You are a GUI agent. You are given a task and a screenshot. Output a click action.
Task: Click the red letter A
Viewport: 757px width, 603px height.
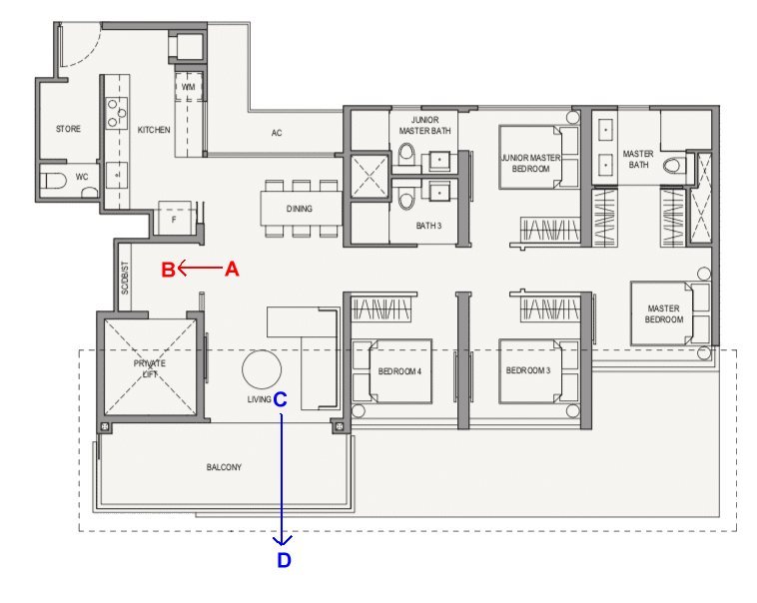point(233,269)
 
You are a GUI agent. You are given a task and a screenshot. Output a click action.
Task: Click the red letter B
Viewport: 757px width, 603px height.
point(168,270)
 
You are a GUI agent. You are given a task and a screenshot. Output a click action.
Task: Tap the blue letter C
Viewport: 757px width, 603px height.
point(280,399)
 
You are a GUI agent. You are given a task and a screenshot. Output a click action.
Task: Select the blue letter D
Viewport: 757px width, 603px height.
point(284,560)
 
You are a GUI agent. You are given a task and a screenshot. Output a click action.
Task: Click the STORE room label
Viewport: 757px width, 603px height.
point(68,129)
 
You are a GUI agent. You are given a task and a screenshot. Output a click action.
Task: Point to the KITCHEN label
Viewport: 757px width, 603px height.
point(154,130)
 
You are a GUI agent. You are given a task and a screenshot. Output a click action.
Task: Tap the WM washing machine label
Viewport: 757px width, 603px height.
point(189,87)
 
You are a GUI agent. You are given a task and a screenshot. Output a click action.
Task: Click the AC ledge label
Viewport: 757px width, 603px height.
point(277,133)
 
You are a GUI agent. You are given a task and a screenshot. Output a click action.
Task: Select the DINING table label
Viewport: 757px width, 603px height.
point(300,209)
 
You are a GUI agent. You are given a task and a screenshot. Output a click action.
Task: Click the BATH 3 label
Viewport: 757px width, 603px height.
point(428,226)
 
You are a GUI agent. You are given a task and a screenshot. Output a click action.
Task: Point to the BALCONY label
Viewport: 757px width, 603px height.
point(224,467)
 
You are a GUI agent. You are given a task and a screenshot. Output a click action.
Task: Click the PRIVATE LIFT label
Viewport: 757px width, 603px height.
point(150,368)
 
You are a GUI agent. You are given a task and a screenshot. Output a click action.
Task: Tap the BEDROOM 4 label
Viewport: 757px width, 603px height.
point(399,371)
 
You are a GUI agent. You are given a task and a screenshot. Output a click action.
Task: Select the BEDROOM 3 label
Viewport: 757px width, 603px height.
point(528,370)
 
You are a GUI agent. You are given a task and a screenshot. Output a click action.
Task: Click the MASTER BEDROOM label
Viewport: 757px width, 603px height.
point(664,313)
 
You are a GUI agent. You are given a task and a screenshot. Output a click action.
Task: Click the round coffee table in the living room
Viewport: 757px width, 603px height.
point(262,369)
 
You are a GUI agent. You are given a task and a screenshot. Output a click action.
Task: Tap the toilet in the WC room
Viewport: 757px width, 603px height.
point(53,181)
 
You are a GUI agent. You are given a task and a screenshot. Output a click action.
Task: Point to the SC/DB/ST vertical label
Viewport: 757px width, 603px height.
point(125,279)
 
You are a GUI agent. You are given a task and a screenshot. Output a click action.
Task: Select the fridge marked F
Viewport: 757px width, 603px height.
point(175,219)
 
